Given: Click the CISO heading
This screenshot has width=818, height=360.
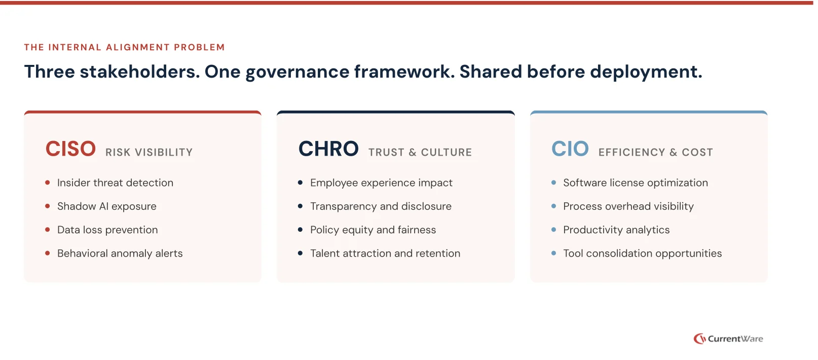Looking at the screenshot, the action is [x=70, y=149].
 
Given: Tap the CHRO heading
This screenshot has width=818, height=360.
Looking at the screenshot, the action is [x=328, y=149].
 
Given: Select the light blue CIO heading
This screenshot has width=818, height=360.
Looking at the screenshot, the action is [x=570, y=149].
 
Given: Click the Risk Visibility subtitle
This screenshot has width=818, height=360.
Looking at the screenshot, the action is [x=149, y=152].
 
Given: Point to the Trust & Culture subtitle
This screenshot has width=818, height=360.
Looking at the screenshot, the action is [x=420, y=152].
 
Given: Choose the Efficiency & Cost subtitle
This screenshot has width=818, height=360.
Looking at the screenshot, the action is [x=655, y=152].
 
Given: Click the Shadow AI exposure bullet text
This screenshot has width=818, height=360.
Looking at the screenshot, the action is [x=106, y=206].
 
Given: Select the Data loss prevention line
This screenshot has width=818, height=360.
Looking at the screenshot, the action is [x=107, y=230].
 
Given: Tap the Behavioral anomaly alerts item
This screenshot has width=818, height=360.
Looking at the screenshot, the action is [x=120, y=254].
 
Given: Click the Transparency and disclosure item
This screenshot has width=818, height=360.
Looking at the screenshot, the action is [x=381, y=206].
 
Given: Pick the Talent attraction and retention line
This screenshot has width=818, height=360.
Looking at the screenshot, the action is [x=385, y=254].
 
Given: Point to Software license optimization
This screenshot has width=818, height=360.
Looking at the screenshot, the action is [x=636, y=183].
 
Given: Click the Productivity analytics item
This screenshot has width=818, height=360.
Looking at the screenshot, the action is [x=616, y=230].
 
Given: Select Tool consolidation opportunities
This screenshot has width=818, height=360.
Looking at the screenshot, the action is [x=642, y=254].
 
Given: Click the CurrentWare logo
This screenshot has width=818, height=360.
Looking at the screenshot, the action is [x=728, y=339].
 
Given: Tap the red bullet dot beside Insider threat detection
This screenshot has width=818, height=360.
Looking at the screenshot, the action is [x=48, y=183].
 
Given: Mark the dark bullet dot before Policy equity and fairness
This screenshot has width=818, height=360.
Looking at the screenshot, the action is [x=300, y=230].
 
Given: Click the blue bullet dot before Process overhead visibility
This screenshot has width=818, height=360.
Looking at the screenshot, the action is [x=553, y=206].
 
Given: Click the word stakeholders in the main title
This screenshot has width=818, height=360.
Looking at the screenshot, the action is [x=140, y=71].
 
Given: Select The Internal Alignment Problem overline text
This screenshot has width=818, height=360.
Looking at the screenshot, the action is [x=125, y=47].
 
